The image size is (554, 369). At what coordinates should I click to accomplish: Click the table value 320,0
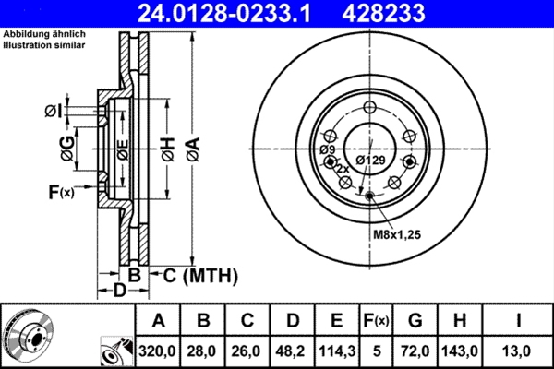pyautogui.click(x=158, y=350)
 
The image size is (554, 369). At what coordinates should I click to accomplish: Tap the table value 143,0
pyautogui.click(x=461, y=350)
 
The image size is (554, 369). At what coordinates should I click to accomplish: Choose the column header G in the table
pyautogui.click(x=415, y=320)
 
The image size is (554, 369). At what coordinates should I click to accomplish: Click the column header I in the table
pyautogui.click(x=519, y=320)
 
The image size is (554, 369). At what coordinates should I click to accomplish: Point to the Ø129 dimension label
pyautogui.click(x=370, y=161)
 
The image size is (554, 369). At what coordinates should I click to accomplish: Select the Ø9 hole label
pyautogui.click(x=327, y=149)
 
